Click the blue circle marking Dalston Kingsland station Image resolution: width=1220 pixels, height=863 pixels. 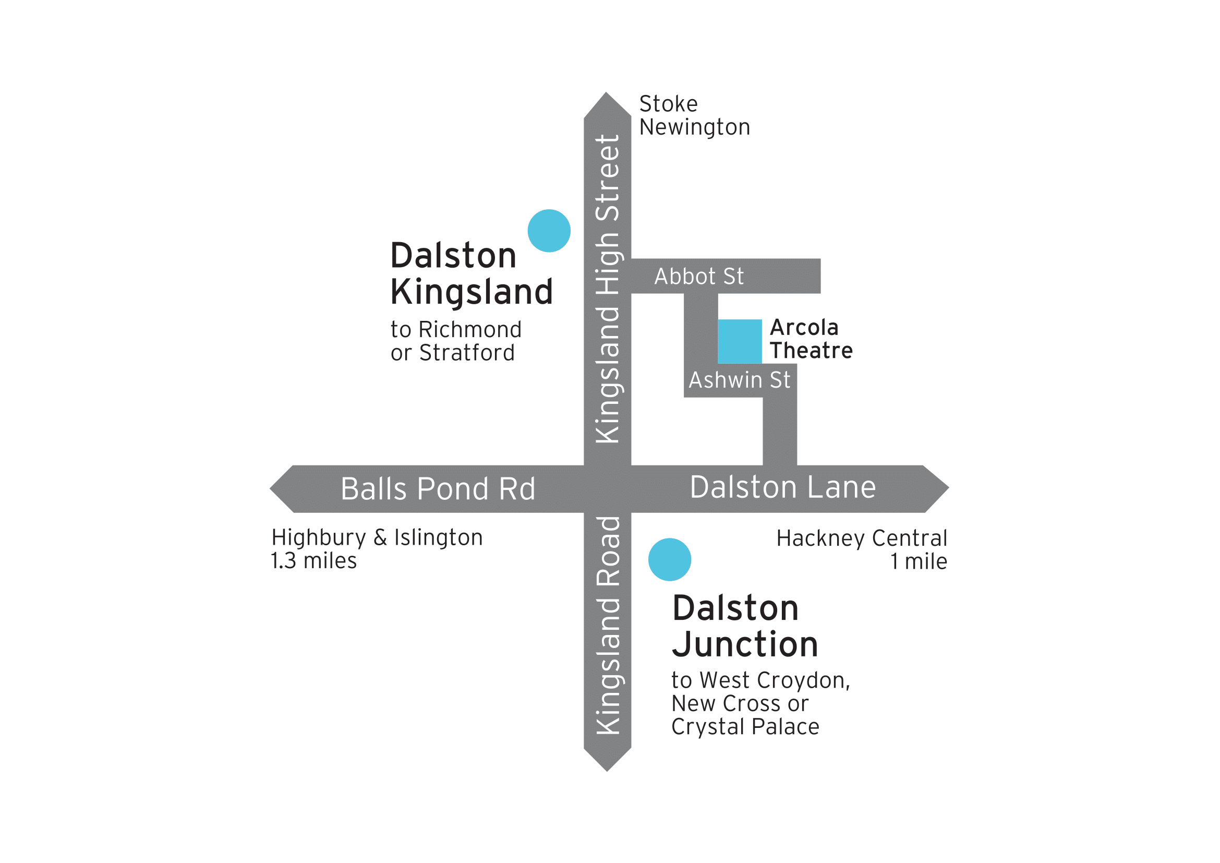tap(549, 231)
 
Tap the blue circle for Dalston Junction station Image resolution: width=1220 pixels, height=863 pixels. tap(670, 559)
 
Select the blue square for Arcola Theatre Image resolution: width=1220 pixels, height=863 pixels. tap(740, 341)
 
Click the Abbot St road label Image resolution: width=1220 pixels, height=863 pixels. tap(699, 277)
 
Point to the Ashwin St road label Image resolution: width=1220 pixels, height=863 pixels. tap(739, 380)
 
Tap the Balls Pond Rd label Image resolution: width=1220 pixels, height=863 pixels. tap(438, 489)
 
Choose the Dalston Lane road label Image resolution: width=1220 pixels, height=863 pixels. tap(783, 487)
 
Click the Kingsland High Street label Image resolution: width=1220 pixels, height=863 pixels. tap(608, 289)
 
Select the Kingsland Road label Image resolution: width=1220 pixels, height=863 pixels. tap(608, 625)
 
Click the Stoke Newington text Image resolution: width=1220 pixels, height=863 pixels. tap(694, 115)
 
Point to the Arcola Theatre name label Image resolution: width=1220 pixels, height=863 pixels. tap(811, 339)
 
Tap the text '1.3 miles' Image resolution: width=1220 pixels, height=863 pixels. tap(313, 560)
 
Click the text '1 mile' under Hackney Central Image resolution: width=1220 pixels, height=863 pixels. tap(919, 561)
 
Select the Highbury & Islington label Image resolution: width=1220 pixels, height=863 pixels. tap(377, 537)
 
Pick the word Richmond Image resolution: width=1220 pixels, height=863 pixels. tap(470, 329)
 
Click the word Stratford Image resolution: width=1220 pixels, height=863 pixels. tap(466, 353)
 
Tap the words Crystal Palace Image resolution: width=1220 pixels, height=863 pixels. tap(745, 727)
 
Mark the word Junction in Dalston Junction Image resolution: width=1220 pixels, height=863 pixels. tap(745, 644)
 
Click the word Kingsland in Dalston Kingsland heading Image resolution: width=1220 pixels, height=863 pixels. tap(472, 292)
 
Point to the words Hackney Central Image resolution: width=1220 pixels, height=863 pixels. tap(861, 538)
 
